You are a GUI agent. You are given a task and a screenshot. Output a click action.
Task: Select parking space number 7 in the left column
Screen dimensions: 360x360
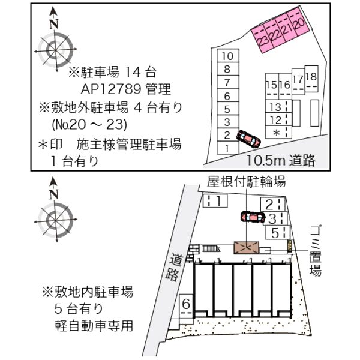227,82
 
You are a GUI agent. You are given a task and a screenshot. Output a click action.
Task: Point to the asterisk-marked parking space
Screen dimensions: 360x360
276,132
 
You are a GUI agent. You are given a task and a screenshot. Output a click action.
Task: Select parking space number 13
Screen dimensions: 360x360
276,107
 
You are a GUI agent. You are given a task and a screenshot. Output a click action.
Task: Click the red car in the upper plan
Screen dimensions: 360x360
248,139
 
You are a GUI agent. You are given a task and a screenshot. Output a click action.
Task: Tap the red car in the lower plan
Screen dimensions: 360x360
253,216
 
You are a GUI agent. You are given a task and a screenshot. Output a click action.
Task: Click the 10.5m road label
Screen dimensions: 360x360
280,161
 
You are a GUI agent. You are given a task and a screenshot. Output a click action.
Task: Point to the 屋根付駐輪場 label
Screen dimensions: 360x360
246,181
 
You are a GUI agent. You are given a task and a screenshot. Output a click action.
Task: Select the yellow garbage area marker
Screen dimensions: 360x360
290,245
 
